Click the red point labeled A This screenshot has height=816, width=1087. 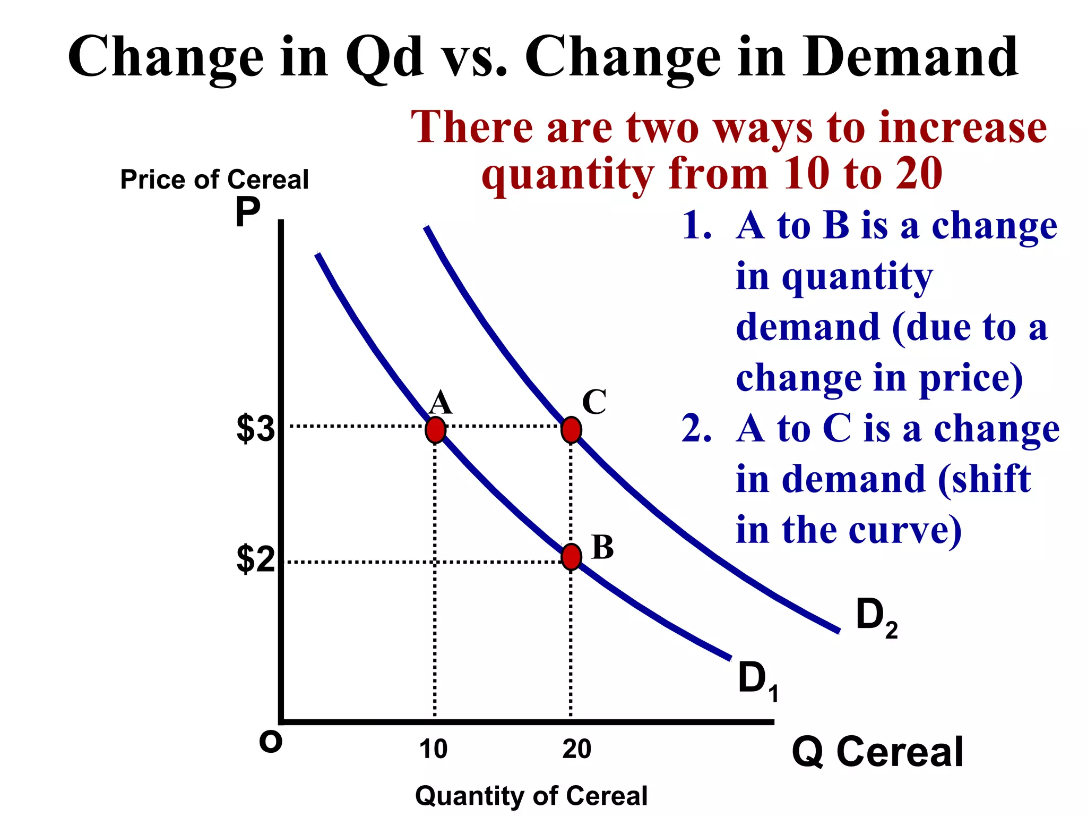[x=435, y=430]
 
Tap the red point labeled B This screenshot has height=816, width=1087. [x=571, y=557]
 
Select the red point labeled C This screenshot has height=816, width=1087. [x=571, y=430]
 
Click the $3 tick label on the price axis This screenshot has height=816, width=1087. [x=255, y=428]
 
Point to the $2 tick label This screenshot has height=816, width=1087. [x=255, y=559]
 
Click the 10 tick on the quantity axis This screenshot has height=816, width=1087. [x=433, y=749]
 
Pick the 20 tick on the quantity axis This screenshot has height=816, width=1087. [x=576, y=749]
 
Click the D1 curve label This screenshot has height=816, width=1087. [x=757, y=681]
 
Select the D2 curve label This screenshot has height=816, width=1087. [x=876, y=617]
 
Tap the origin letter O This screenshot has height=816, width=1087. [x=270, y=742]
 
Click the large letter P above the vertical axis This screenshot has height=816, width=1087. [x=247, y=212]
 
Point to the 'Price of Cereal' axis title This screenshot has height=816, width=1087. [x=214, y=179]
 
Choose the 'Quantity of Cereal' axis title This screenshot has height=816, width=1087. [x=531, y=796]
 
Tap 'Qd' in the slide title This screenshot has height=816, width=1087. [x=384, y=57]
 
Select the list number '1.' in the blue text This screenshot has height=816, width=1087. [x=696, y=225]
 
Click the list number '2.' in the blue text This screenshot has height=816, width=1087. [x=696, y=428]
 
